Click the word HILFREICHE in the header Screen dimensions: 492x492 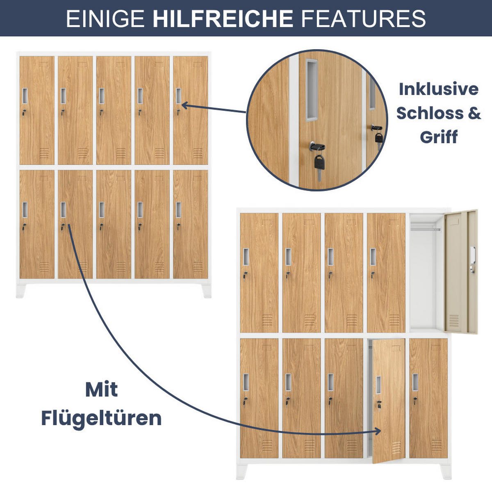click(x=223, y=18)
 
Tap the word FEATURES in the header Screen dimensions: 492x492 click(x=363, y=18)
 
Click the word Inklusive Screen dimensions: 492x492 click(x=438, y=89)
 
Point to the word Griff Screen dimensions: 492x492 click(x=438, y=137)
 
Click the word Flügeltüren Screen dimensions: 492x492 click(x=101, y=418)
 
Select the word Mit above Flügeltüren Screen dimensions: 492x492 click(x=101, y=389)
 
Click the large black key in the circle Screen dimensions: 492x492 click(x=319, y=162)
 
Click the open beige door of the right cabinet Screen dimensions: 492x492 click(x=461, y=271)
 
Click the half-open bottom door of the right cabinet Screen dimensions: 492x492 click(x=387, y=400)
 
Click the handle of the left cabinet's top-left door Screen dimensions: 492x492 click(x=25, y=96)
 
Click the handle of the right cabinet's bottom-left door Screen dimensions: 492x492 click(x=246, y=383)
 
